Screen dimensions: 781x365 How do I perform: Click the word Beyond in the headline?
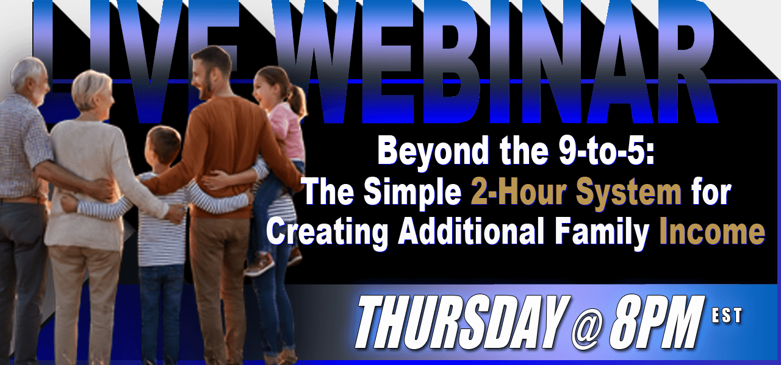pos(433,152)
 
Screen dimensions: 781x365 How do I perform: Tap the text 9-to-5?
pos(606,152)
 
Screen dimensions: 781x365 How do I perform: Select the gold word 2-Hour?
pos(519,192)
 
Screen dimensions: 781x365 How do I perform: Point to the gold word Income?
pos(712,232)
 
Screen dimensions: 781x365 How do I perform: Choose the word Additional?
pos(470,232)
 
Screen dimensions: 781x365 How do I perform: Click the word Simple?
pos(413,193)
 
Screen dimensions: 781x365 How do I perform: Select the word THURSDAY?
pos(462,322)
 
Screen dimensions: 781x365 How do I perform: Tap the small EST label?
pos(727,316)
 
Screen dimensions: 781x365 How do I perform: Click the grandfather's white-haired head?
pos(29,79)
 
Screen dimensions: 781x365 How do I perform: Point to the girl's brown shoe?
pos(259,264)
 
